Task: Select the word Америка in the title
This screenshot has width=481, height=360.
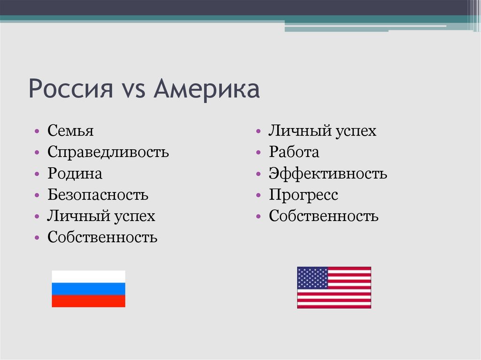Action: (x=207, y=89)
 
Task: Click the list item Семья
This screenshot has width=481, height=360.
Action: (x=70, y=131)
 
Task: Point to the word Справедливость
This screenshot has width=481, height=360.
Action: (x=108, y=153)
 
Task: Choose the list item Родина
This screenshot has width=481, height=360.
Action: (x=75, y=174)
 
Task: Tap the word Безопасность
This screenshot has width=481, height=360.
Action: (x=98, y=195)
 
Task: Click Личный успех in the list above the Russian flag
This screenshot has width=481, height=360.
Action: (x=101, y=216)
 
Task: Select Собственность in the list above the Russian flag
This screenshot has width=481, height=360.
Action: (x=102, y=237)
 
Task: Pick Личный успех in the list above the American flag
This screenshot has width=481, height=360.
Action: (x=322, y=131)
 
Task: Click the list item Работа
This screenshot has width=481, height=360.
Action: (x=294, y=152)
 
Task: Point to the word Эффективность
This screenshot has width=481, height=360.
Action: (x=328, y=174)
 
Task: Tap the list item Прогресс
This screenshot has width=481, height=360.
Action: (x=303, y=195)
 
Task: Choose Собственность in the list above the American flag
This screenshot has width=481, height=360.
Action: (x=324, y=216)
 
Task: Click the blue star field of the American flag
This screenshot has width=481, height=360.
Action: (x=312, y=277)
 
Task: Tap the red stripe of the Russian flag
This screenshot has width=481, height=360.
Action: (x=88, y=301)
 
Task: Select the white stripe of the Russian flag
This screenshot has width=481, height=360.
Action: (x=88, y=276)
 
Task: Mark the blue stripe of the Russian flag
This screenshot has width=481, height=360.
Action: (x=88, y=289)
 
